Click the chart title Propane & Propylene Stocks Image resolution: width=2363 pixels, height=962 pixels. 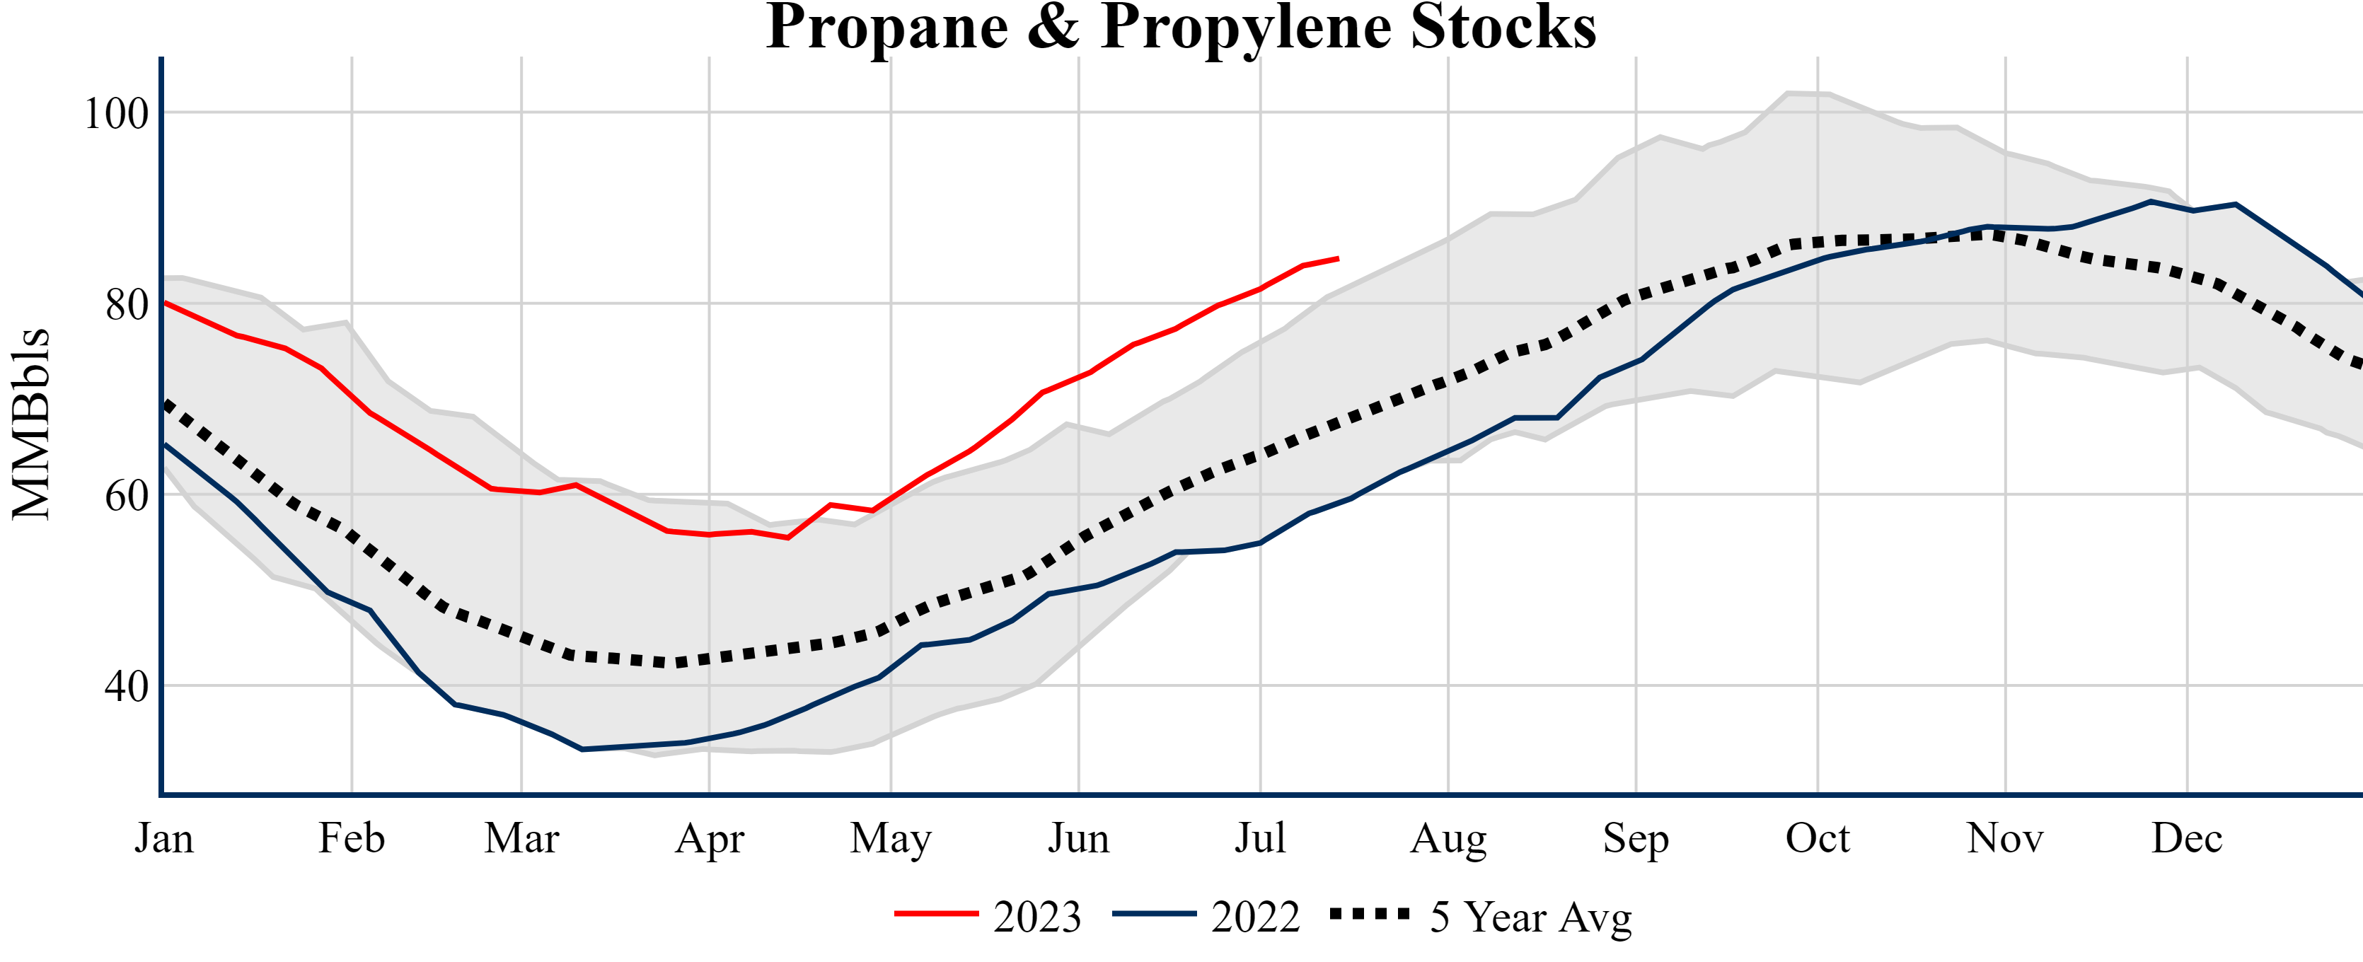(1181, 28)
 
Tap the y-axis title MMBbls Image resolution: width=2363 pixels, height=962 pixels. (31, 424)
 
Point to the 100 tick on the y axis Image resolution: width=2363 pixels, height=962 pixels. (117, 114)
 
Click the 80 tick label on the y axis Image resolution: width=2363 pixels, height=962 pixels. (127, 304)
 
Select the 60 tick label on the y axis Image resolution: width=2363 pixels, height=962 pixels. (127, 495)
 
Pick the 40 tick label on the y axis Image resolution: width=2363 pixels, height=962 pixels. (127, 686)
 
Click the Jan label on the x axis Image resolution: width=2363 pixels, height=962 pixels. (164, 838)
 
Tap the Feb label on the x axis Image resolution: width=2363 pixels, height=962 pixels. (352, 838)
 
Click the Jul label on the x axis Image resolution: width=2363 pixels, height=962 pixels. (1261, 838)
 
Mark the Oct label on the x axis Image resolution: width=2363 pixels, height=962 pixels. (1818, 838)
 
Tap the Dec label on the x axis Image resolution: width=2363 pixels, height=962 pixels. (2187, 838)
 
